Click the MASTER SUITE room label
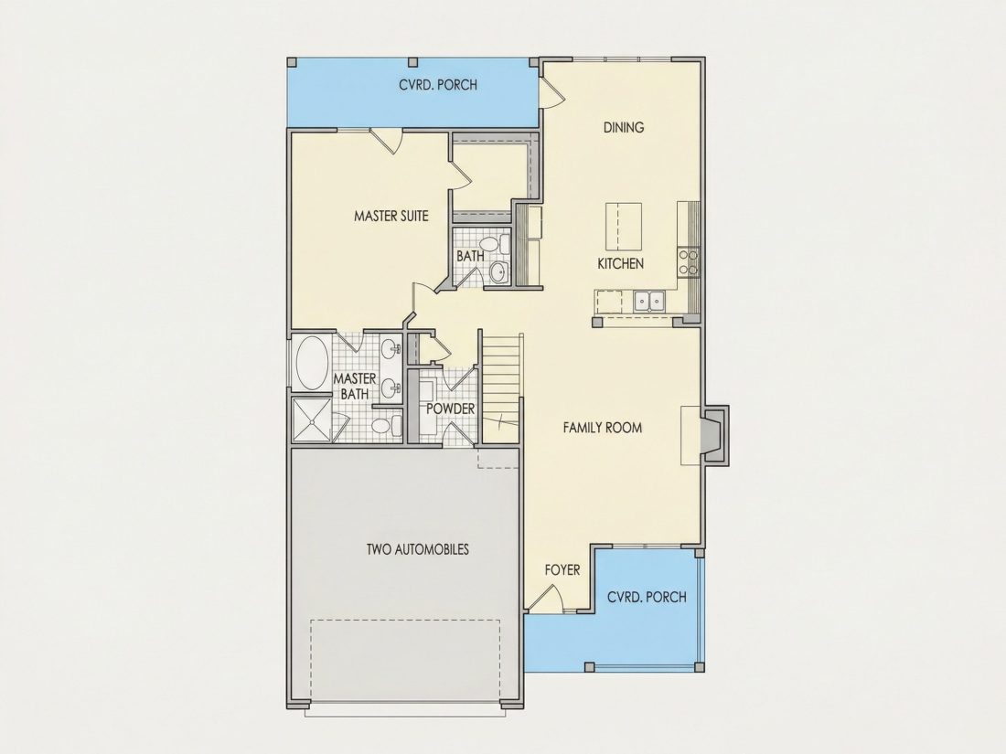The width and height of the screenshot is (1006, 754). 391,216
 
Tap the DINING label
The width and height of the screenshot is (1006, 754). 623,127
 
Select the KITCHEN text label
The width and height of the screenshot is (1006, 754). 620,263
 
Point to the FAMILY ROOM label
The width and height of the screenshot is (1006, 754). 602,428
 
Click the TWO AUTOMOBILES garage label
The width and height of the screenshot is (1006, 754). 418,549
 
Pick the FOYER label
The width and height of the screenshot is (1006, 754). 562,570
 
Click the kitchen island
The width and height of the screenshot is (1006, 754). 624,227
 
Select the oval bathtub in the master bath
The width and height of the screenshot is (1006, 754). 312,363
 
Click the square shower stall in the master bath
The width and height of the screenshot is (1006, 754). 311,420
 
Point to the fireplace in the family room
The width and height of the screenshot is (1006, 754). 713,435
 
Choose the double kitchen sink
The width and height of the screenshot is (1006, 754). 649,300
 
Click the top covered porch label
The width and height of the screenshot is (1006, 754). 438,85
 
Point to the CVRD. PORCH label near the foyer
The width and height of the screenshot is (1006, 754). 647,597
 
